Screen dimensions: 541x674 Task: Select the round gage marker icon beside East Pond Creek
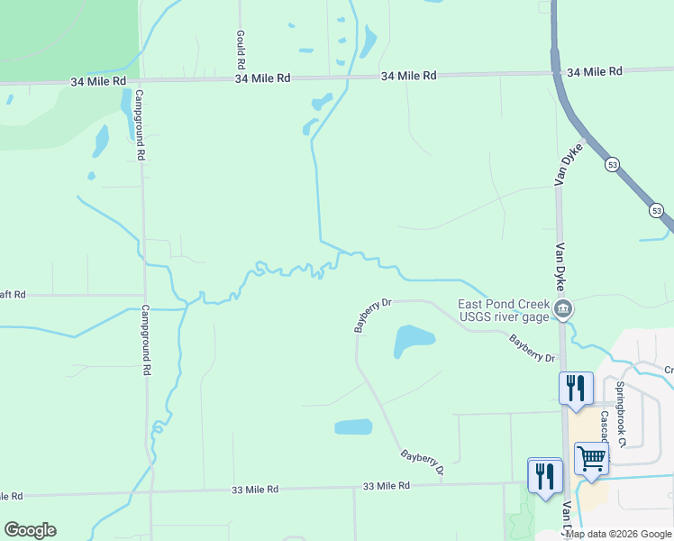tap(563, 309)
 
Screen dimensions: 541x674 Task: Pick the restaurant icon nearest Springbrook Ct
tap(576, 389)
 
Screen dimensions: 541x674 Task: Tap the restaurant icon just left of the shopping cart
tap(544, 475)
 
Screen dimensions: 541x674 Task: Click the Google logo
tap(30, 530)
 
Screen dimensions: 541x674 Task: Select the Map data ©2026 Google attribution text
tap(618, 534)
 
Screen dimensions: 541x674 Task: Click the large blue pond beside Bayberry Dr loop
tap(414, 341)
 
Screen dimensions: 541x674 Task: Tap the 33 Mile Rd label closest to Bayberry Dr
tap(387, 485)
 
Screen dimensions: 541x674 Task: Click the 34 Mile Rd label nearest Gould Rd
tap(262, 78)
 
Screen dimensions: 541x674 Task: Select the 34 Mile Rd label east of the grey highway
tap(595, 71)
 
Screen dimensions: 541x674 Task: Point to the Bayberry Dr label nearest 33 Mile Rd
tap(423, 463)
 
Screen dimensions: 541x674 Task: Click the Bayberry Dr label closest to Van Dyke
tap(532, 349)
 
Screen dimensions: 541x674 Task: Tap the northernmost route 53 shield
tap(612, 165)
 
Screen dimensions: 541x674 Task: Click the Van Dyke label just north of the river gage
tap(560, 262)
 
